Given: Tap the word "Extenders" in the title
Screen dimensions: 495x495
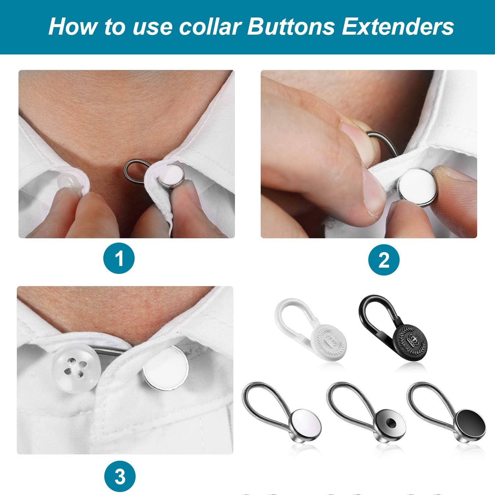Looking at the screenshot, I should pos(398,27).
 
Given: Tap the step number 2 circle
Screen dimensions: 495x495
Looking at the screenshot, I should pos(384,261).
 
